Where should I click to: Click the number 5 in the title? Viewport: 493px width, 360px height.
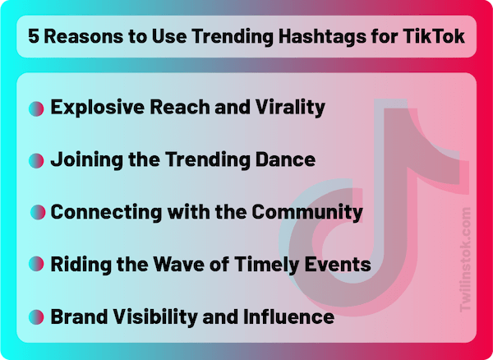coord(34,36)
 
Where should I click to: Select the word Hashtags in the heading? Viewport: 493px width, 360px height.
coord(322,37)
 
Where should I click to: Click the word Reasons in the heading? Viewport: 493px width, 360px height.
coord(83,36)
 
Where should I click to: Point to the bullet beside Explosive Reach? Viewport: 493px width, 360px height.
coord(36,108)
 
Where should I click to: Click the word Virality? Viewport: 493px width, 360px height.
coord(290,108)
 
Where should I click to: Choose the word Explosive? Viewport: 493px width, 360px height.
coord(98,108)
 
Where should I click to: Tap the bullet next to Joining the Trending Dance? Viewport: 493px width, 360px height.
coord(36,160)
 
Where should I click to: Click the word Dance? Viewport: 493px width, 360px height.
coord(285,159)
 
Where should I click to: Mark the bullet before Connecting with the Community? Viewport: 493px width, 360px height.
coord(38,212)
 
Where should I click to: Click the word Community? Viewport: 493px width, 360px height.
coord(307,212)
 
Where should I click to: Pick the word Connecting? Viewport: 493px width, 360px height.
coord(106,212)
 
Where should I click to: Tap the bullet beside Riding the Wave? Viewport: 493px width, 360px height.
coord(36,264)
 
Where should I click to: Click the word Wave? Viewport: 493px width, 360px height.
coord(178,264)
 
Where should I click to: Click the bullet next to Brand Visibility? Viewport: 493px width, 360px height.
coord(36,316)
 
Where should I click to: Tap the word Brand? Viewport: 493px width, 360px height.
coord(79,316)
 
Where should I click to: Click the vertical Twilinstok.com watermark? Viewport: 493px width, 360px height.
coord(465,260)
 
